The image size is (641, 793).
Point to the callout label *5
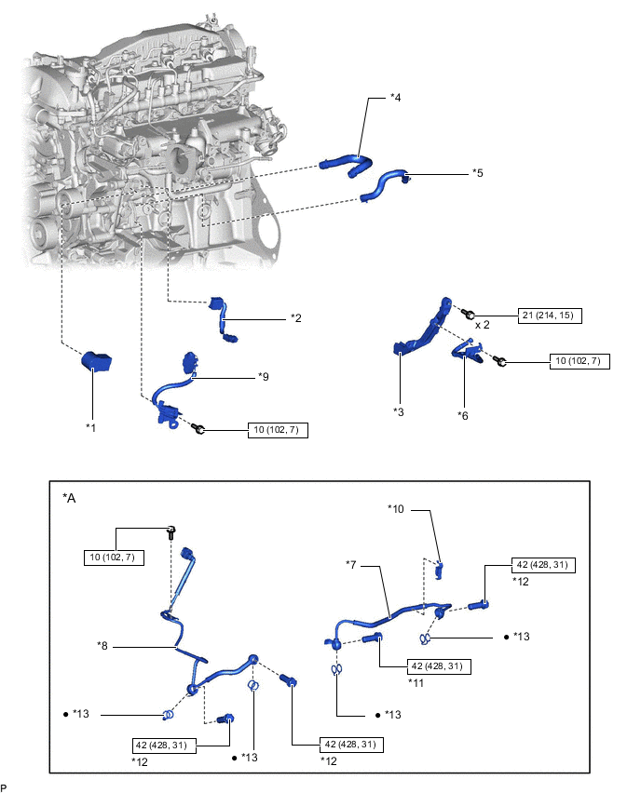click(477, 172)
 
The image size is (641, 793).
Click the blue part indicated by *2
click(225, 316)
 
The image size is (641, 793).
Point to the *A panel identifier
click(69, 498)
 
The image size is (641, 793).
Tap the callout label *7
click(353, 564)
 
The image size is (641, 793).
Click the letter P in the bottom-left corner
click(5, 786)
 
